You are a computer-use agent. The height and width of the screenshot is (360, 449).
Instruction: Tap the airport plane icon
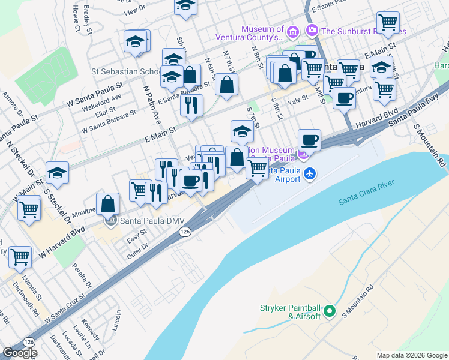[310, 173]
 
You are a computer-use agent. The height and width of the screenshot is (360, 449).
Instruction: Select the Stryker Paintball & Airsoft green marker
[329, 311]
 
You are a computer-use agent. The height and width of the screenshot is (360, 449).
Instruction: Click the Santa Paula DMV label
[152, 220]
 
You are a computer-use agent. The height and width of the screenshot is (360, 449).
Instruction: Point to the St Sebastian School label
[125, 71]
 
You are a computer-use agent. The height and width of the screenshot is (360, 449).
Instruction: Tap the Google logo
[20, 353]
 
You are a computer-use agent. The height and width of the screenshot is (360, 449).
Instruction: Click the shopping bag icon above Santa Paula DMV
[108, 204]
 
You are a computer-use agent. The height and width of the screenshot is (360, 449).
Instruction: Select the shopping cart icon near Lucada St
[20, 257]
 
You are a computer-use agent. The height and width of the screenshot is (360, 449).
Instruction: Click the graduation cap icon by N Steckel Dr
[57, 173]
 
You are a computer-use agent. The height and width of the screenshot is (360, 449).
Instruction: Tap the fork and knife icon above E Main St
[191, 106]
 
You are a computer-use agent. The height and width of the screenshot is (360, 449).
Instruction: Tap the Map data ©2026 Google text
[411, 355]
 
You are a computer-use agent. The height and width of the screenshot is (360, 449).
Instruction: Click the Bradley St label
[89, 18]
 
